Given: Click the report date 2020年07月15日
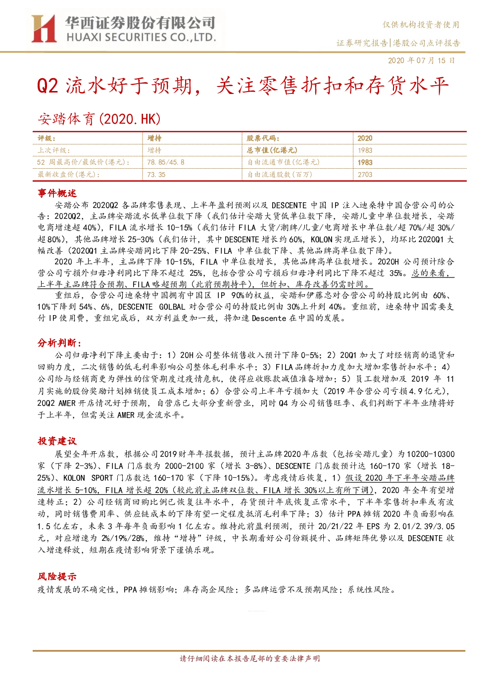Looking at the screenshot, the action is pyautogui.click(x=421, y=60).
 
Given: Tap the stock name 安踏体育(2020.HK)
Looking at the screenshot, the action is pyautogui.click(x=99, y=119).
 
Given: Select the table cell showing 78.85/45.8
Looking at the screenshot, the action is pyautogui.click(x=166, y=162).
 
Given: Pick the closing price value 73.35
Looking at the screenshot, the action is pyautogui.click(x=156, y=175).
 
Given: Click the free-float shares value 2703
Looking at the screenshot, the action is pyautogui.click(x=365, y=175).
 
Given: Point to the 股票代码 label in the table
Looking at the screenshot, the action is pyautogui.click(x=263, y=138).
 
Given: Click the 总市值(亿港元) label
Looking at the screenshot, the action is pyautogui.click(x=272, y=150).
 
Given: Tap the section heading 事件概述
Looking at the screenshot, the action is pyautogui.click(x=57, y=193).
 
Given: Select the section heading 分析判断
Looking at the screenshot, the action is pyautogui.click(x=59, y=343).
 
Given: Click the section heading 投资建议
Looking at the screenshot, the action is pyautogui.click(x=57, y=441).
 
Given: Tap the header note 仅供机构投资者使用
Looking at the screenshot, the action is pyautogui.click(x=421, y=25).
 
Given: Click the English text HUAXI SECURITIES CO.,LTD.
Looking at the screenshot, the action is pyautogui.click(x=141, y=38).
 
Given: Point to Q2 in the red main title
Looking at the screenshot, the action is pyautogui.click(x=48, y=86).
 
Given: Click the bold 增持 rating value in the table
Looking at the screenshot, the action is pyautogui.click(x=154, y=138).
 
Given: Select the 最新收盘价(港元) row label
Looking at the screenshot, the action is pyautogui.click(x=68, y=175).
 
